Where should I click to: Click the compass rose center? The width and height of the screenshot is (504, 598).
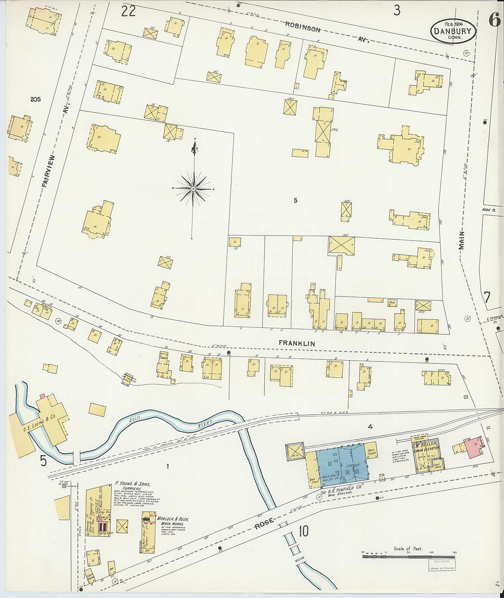pos(194,189)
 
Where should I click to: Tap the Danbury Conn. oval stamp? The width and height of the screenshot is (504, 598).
pos(453,31)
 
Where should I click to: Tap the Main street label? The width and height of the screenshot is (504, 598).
pos(462,240)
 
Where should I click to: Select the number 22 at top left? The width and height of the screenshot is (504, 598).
pos(128,11)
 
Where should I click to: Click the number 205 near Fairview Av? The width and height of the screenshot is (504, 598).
pos(35,99)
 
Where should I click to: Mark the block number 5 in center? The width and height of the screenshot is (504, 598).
pos(296,200)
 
